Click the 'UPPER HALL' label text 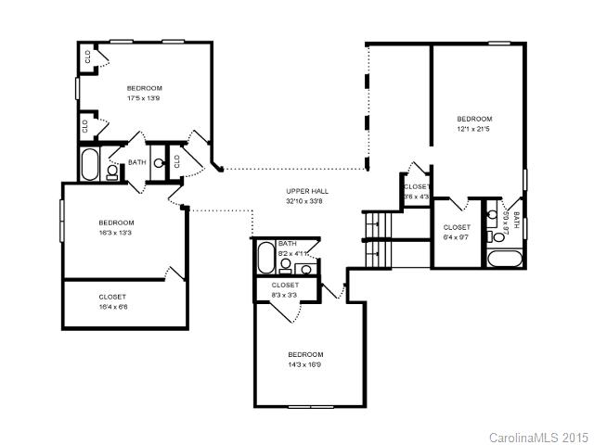click(306, 191)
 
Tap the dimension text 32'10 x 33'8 click(306, 201)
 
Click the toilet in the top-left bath click(112, 171)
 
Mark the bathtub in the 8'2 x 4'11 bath click(265, 257)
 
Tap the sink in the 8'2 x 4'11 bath click(305, 270)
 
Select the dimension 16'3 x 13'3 click(117, 233)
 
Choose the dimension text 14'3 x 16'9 click(304, 364)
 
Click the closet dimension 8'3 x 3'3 click(285, 295)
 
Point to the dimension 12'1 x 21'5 click(473, 129)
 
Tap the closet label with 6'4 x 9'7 click(457, 237)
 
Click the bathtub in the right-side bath click(507, 259)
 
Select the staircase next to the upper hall click(380, 238)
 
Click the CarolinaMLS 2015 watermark click(537, 436)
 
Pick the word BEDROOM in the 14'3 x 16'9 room click(304, 355)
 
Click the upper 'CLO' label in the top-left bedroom click(87, 55)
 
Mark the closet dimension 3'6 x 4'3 click(417, 197)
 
